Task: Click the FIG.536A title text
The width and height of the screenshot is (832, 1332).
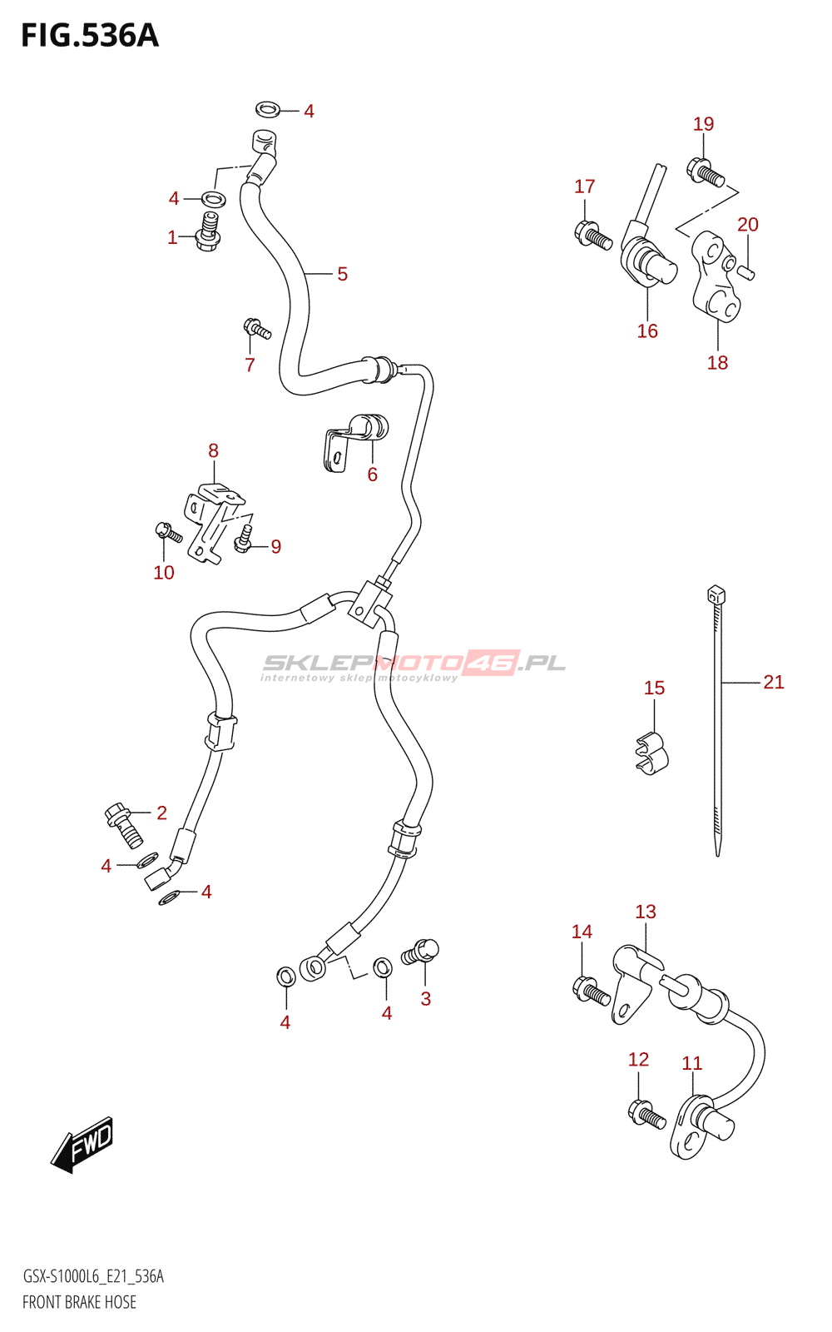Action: [x=90, y=36]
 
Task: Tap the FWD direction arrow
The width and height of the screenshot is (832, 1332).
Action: [x=82, y=1145]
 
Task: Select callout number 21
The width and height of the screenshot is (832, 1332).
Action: [x=774, y=683]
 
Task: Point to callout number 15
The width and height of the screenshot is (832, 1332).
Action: [x=654, y=688]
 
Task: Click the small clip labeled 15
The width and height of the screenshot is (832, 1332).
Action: [x=651, y=752]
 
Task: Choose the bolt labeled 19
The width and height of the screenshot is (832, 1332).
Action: [x=706, y=172]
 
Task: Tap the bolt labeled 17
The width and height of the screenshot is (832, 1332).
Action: [x=592, y=235]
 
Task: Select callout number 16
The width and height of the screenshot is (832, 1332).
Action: [x=647, y=331]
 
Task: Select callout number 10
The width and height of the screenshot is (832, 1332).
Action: [x=164, y=573]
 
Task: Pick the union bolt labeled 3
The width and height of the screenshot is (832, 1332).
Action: [x=421, y=952]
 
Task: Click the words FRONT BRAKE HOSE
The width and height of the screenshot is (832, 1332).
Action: [x=79, y=1302]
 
